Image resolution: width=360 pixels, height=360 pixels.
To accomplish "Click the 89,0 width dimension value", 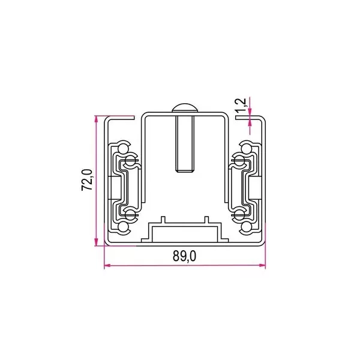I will [x=184, y=255].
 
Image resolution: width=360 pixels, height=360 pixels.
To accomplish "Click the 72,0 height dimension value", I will [x=86, y=180].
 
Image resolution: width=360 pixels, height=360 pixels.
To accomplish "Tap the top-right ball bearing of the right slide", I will [x=247, y=147].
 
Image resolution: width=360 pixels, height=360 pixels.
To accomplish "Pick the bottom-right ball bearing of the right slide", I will [x=247, y=227].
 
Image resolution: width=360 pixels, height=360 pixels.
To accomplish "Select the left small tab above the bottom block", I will [x=162, y=220].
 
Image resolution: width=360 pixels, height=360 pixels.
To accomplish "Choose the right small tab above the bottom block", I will [x=206, y=220].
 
